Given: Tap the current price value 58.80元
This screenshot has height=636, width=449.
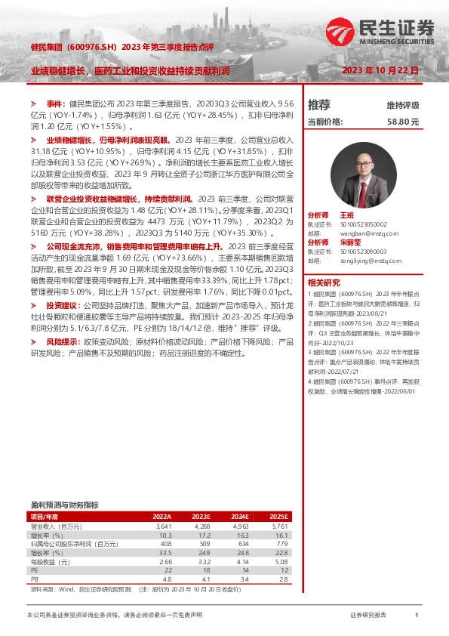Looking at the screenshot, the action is coord(402,121).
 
